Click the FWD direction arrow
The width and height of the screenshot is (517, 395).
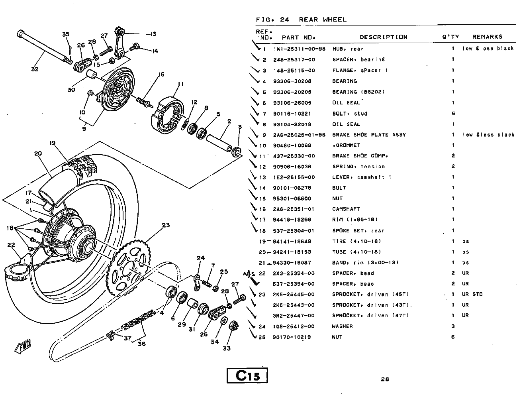[x=23, y=346]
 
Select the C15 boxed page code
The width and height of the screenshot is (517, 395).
[x=247, y=375]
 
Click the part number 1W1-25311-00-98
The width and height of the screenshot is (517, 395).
[x=300, y=49]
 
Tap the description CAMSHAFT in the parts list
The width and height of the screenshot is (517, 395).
[x=346, y=209]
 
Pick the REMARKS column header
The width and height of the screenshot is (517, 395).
[x=487, y=37]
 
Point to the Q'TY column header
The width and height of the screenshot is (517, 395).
[x=450, y=37]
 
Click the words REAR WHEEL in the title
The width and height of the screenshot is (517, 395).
[x=323, y=20]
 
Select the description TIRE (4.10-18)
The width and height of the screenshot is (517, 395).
[x=356, y=241]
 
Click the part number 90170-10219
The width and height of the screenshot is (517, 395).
[x=292, y=337]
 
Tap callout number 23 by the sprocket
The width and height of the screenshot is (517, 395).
[x=166, y=225]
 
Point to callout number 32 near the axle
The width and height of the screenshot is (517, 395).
[x=35, y=69]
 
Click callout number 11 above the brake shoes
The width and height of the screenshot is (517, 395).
[x=181, y=84]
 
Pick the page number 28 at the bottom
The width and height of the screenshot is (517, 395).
[x=385, y=379]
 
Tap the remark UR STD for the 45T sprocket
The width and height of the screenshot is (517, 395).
[x=472, y=294]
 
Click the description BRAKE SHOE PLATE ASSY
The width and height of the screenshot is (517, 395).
[x=369, y=135]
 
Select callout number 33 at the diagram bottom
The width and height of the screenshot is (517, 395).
[x=227, y=348]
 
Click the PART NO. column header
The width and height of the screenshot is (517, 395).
[x=298, y=37]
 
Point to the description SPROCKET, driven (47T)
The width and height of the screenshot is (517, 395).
[x=370, y=316]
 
